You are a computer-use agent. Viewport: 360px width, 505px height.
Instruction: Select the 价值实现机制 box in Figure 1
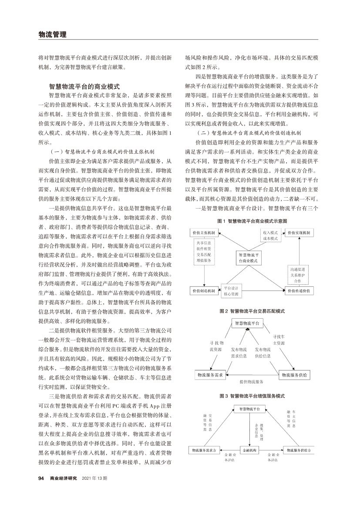pyautogui.click(x=299, y=233)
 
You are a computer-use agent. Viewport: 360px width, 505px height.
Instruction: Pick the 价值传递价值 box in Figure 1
pyautogui.click(x=299, y=291)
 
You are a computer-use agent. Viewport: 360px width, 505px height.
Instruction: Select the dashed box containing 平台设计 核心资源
pyautogui.click(x=231, y=291)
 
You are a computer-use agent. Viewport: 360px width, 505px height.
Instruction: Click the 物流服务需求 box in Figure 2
pyautogui.click(x=211, y=374)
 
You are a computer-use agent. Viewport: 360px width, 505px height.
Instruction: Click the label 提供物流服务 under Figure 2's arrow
pyautogui.click(x=252, y=382)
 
